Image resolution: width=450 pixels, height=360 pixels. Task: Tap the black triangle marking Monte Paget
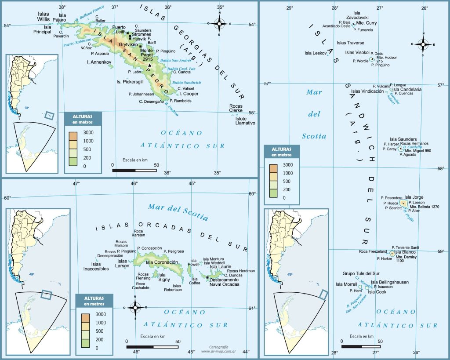click(150, 65)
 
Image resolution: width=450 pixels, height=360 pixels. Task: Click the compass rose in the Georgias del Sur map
click(219, 23)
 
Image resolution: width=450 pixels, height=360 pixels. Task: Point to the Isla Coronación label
click(162, 262)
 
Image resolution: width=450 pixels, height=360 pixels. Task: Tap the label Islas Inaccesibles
click(96, 266)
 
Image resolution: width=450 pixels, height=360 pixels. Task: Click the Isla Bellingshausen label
click(390, 282)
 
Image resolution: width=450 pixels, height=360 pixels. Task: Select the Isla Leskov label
click(316, 53)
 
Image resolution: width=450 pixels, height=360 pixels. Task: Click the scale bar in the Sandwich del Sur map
click(361, 346)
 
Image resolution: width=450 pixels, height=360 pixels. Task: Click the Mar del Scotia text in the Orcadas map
click(178, 211)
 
